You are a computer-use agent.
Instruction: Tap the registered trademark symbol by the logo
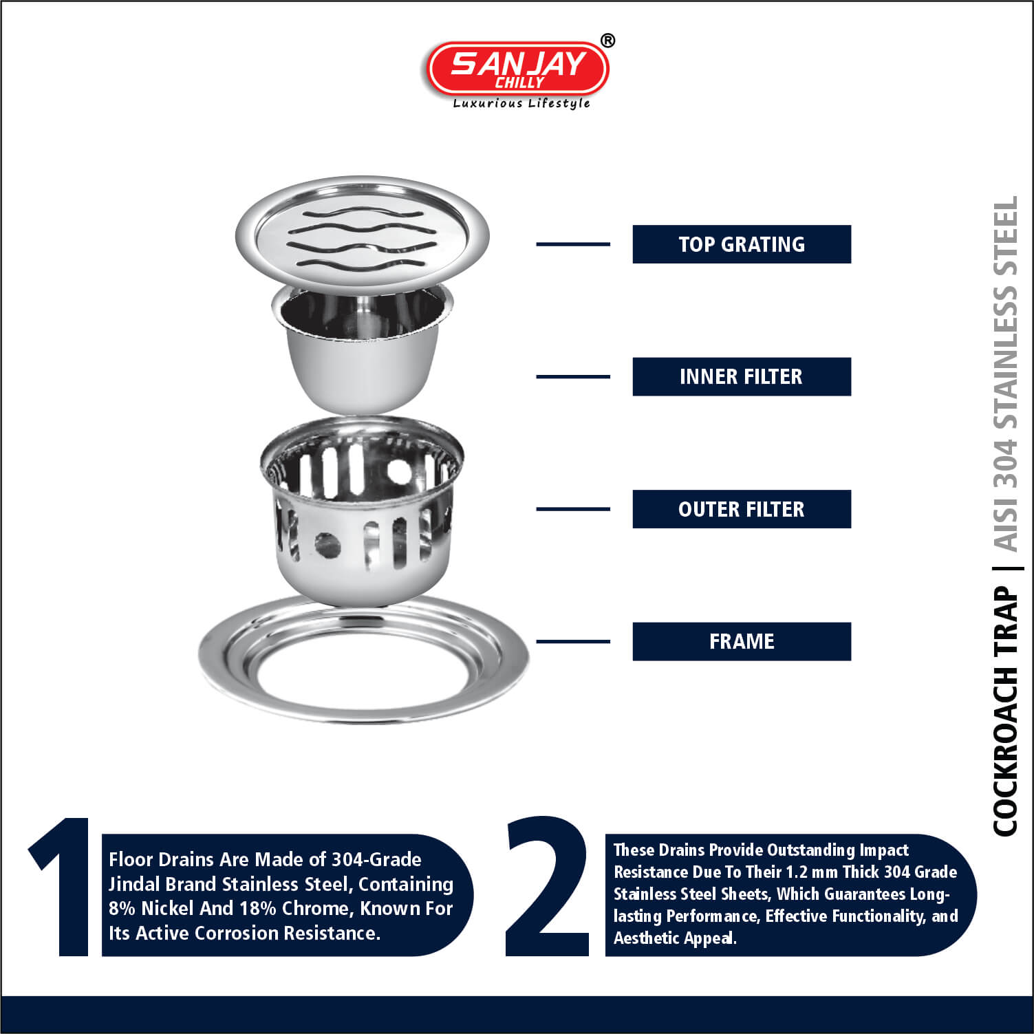tap(607, 41)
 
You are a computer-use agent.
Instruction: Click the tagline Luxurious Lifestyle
tap(521, 103)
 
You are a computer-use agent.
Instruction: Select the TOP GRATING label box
tap(742, 244)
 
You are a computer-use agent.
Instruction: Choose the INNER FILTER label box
tap(742, 376)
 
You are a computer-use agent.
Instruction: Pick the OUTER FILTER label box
tap(742, 509)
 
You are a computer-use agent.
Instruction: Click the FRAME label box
tap(742, 641)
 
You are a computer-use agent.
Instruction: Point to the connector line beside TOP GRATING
tap(573, 244)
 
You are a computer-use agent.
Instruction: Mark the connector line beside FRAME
tap(573, 641)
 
